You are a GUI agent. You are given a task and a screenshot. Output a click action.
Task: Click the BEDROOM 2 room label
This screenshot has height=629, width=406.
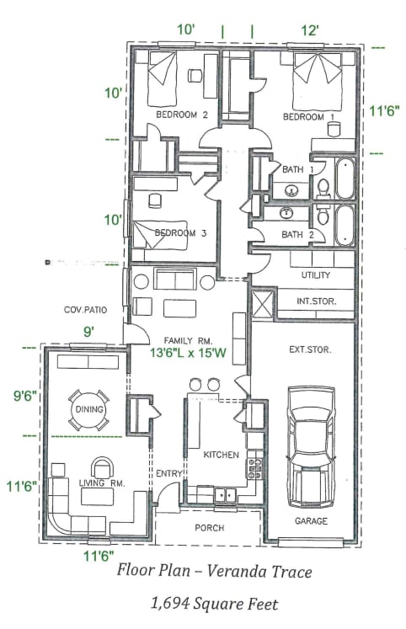(182, 115)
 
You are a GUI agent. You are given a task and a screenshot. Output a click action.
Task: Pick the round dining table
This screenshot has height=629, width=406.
(88, 410)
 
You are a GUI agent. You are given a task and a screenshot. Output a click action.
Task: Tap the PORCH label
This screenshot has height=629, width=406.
(210, 529)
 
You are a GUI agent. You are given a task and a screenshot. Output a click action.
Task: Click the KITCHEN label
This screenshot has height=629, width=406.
(221, 455)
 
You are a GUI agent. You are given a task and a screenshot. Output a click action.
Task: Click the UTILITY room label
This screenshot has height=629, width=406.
(316, 275)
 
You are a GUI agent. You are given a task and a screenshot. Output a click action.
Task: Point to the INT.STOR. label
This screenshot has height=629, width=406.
(315, 301)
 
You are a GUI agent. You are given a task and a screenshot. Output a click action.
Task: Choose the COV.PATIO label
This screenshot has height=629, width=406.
(86, 310)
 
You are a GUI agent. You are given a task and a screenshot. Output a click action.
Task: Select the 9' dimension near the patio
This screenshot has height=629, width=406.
(88, 332)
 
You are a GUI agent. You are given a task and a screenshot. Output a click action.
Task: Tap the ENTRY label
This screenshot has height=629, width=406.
(168, 474)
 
